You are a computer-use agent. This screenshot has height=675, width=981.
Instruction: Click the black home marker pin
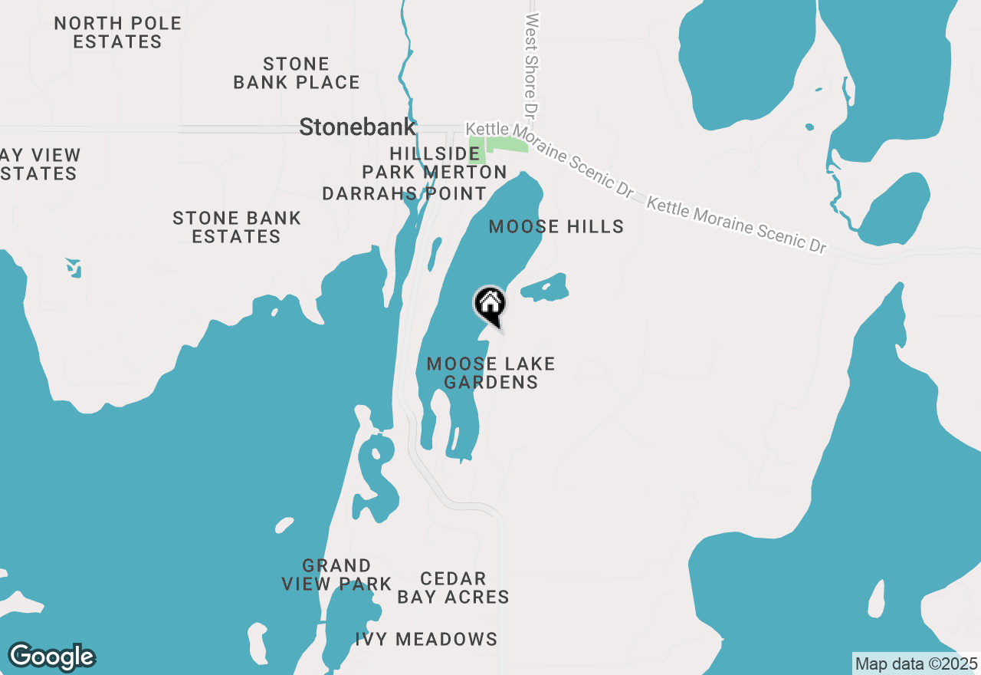[x=490, y=305]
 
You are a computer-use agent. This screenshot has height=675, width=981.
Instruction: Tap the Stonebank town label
[x=357, y=127]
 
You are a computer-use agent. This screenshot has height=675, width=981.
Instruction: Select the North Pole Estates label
[x=118, y=32]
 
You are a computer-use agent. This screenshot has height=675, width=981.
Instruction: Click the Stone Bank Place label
[x=297, y=73]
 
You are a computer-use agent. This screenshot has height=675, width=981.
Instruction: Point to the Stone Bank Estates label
[x=237, y=227]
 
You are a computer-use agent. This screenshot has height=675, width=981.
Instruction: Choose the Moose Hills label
[x=556, y=226]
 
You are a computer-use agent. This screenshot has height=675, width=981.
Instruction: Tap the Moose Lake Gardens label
[x=490, y=373]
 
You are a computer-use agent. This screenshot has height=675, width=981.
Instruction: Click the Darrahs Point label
[x=404, y=193]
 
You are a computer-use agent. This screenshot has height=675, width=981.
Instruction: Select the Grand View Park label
[x=336, y=575]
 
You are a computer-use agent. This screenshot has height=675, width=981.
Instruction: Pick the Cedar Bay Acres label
[x=453, y=588]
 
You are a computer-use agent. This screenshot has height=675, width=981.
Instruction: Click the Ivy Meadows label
[x=426, y=638]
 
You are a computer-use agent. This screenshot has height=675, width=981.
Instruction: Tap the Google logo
[x=51, y=657]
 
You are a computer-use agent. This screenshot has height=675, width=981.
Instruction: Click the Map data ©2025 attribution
[x=916, y=663]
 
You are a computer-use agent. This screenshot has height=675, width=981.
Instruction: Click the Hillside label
[x=435, y=153]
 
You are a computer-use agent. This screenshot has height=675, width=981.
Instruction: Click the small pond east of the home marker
[x=546, y=288]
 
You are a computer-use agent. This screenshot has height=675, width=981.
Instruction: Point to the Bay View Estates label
[x=38, y=164]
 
